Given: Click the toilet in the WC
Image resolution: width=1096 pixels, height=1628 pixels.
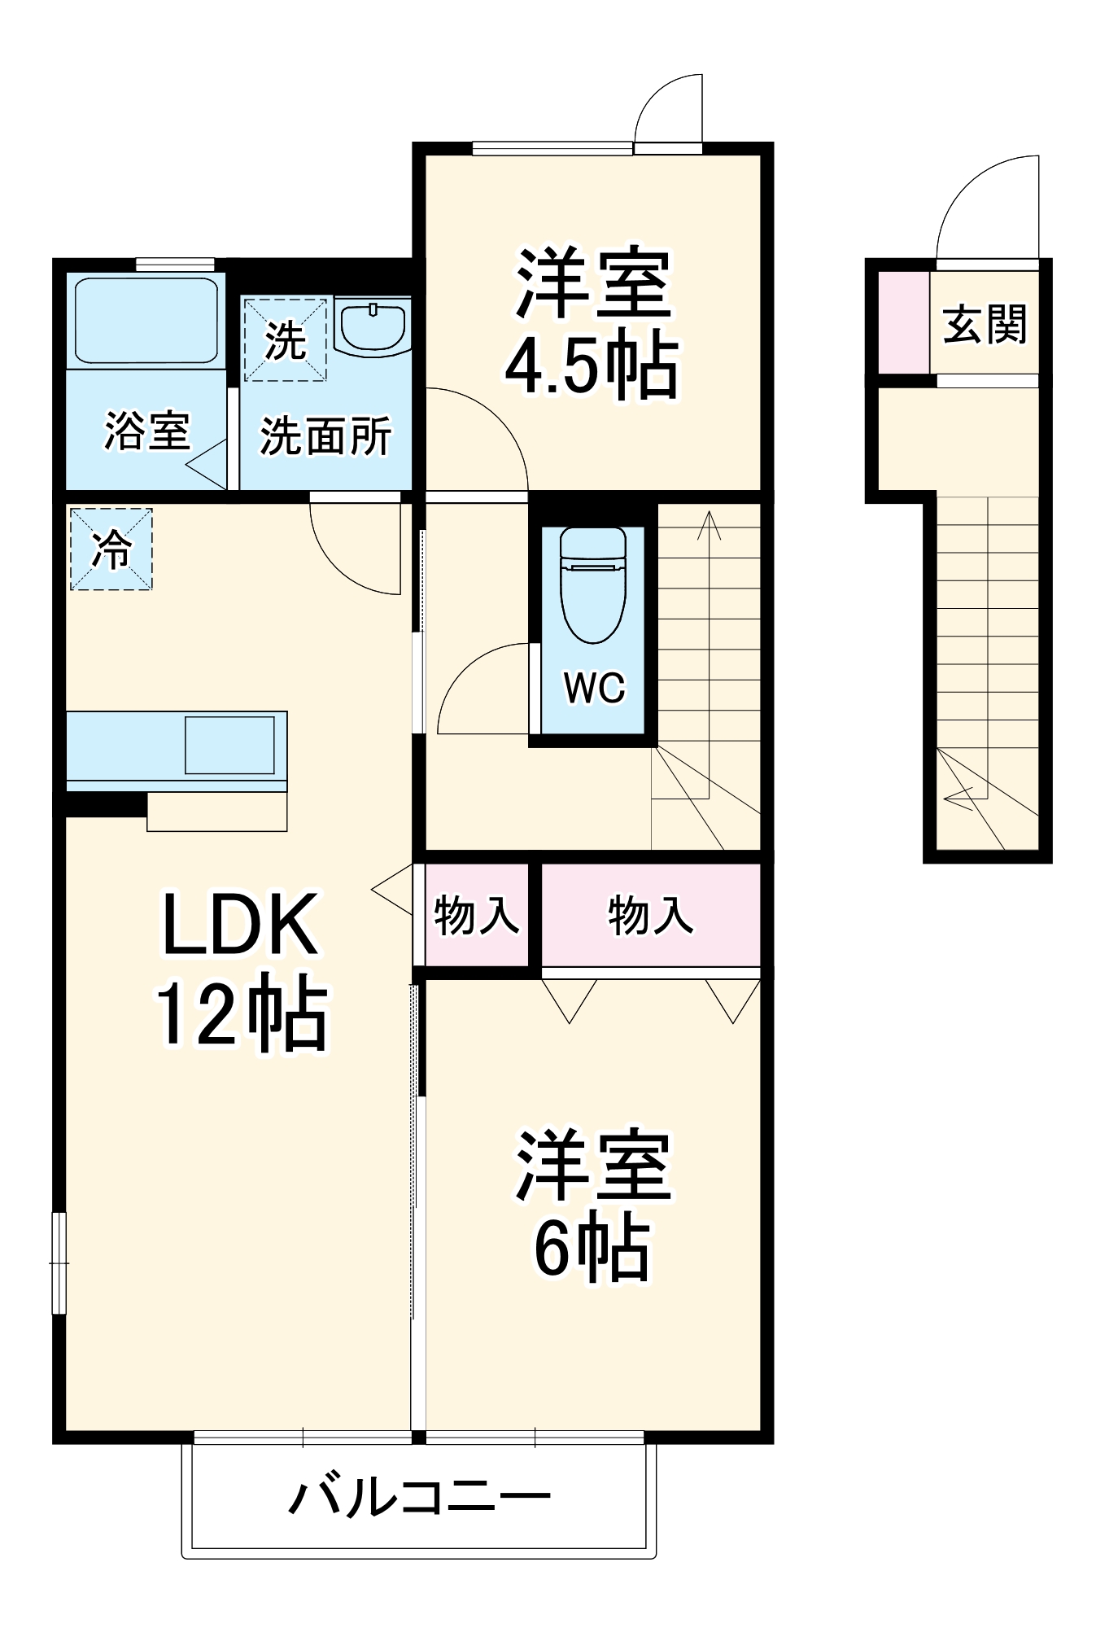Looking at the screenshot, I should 593,586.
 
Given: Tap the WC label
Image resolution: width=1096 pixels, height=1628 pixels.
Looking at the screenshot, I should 594,688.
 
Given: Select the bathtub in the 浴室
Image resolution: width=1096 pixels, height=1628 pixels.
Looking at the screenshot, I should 146,321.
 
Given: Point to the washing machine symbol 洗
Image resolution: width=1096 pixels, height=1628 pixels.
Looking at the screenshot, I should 286,339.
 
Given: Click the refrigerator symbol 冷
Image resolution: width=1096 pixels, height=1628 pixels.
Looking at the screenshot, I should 111,549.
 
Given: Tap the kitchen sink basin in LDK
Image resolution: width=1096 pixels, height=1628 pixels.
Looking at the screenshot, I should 229,745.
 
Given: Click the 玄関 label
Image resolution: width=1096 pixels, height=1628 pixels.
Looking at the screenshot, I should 985,324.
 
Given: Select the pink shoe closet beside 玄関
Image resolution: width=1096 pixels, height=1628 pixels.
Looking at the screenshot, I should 902,321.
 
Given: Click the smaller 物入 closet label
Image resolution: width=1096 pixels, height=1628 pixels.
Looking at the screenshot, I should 477,915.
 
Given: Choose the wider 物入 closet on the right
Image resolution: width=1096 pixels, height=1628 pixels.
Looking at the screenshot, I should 651,915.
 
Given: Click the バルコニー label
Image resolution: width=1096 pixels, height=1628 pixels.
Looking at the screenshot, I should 420,1495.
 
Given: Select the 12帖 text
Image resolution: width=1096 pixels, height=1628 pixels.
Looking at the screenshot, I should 241,1014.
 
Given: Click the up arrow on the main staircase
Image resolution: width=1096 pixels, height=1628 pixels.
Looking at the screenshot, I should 709,525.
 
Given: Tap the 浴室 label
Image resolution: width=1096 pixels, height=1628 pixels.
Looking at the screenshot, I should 147,431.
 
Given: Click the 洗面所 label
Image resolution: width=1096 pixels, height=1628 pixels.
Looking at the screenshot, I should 325,435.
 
